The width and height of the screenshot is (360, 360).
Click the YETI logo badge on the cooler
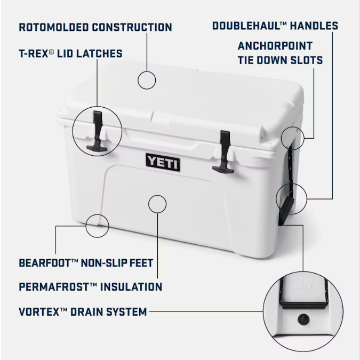[163, 162]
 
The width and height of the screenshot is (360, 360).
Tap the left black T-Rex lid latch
[97, 132]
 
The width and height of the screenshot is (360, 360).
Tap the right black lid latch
[223, 152]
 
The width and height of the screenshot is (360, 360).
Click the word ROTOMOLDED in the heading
[54, 27]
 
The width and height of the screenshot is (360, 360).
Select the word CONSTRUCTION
[132, 27]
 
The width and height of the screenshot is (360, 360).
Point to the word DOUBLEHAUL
[246, 26]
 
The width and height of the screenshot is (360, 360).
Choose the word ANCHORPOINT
[275, 46]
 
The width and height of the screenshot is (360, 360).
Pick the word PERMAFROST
[54, 287]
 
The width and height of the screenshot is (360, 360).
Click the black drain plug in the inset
[303, 319]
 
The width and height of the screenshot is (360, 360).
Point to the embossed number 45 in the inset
[303, 285]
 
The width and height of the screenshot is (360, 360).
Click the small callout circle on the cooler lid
[147, 80]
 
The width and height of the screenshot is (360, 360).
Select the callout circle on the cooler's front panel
[157, 204]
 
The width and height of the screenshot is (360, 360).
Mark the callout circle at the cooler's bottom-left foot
[97, 226]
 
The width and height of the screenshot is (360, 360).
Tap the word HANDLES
[314, 26]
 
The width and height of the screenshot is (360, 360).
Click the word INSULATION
[131, 287]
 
